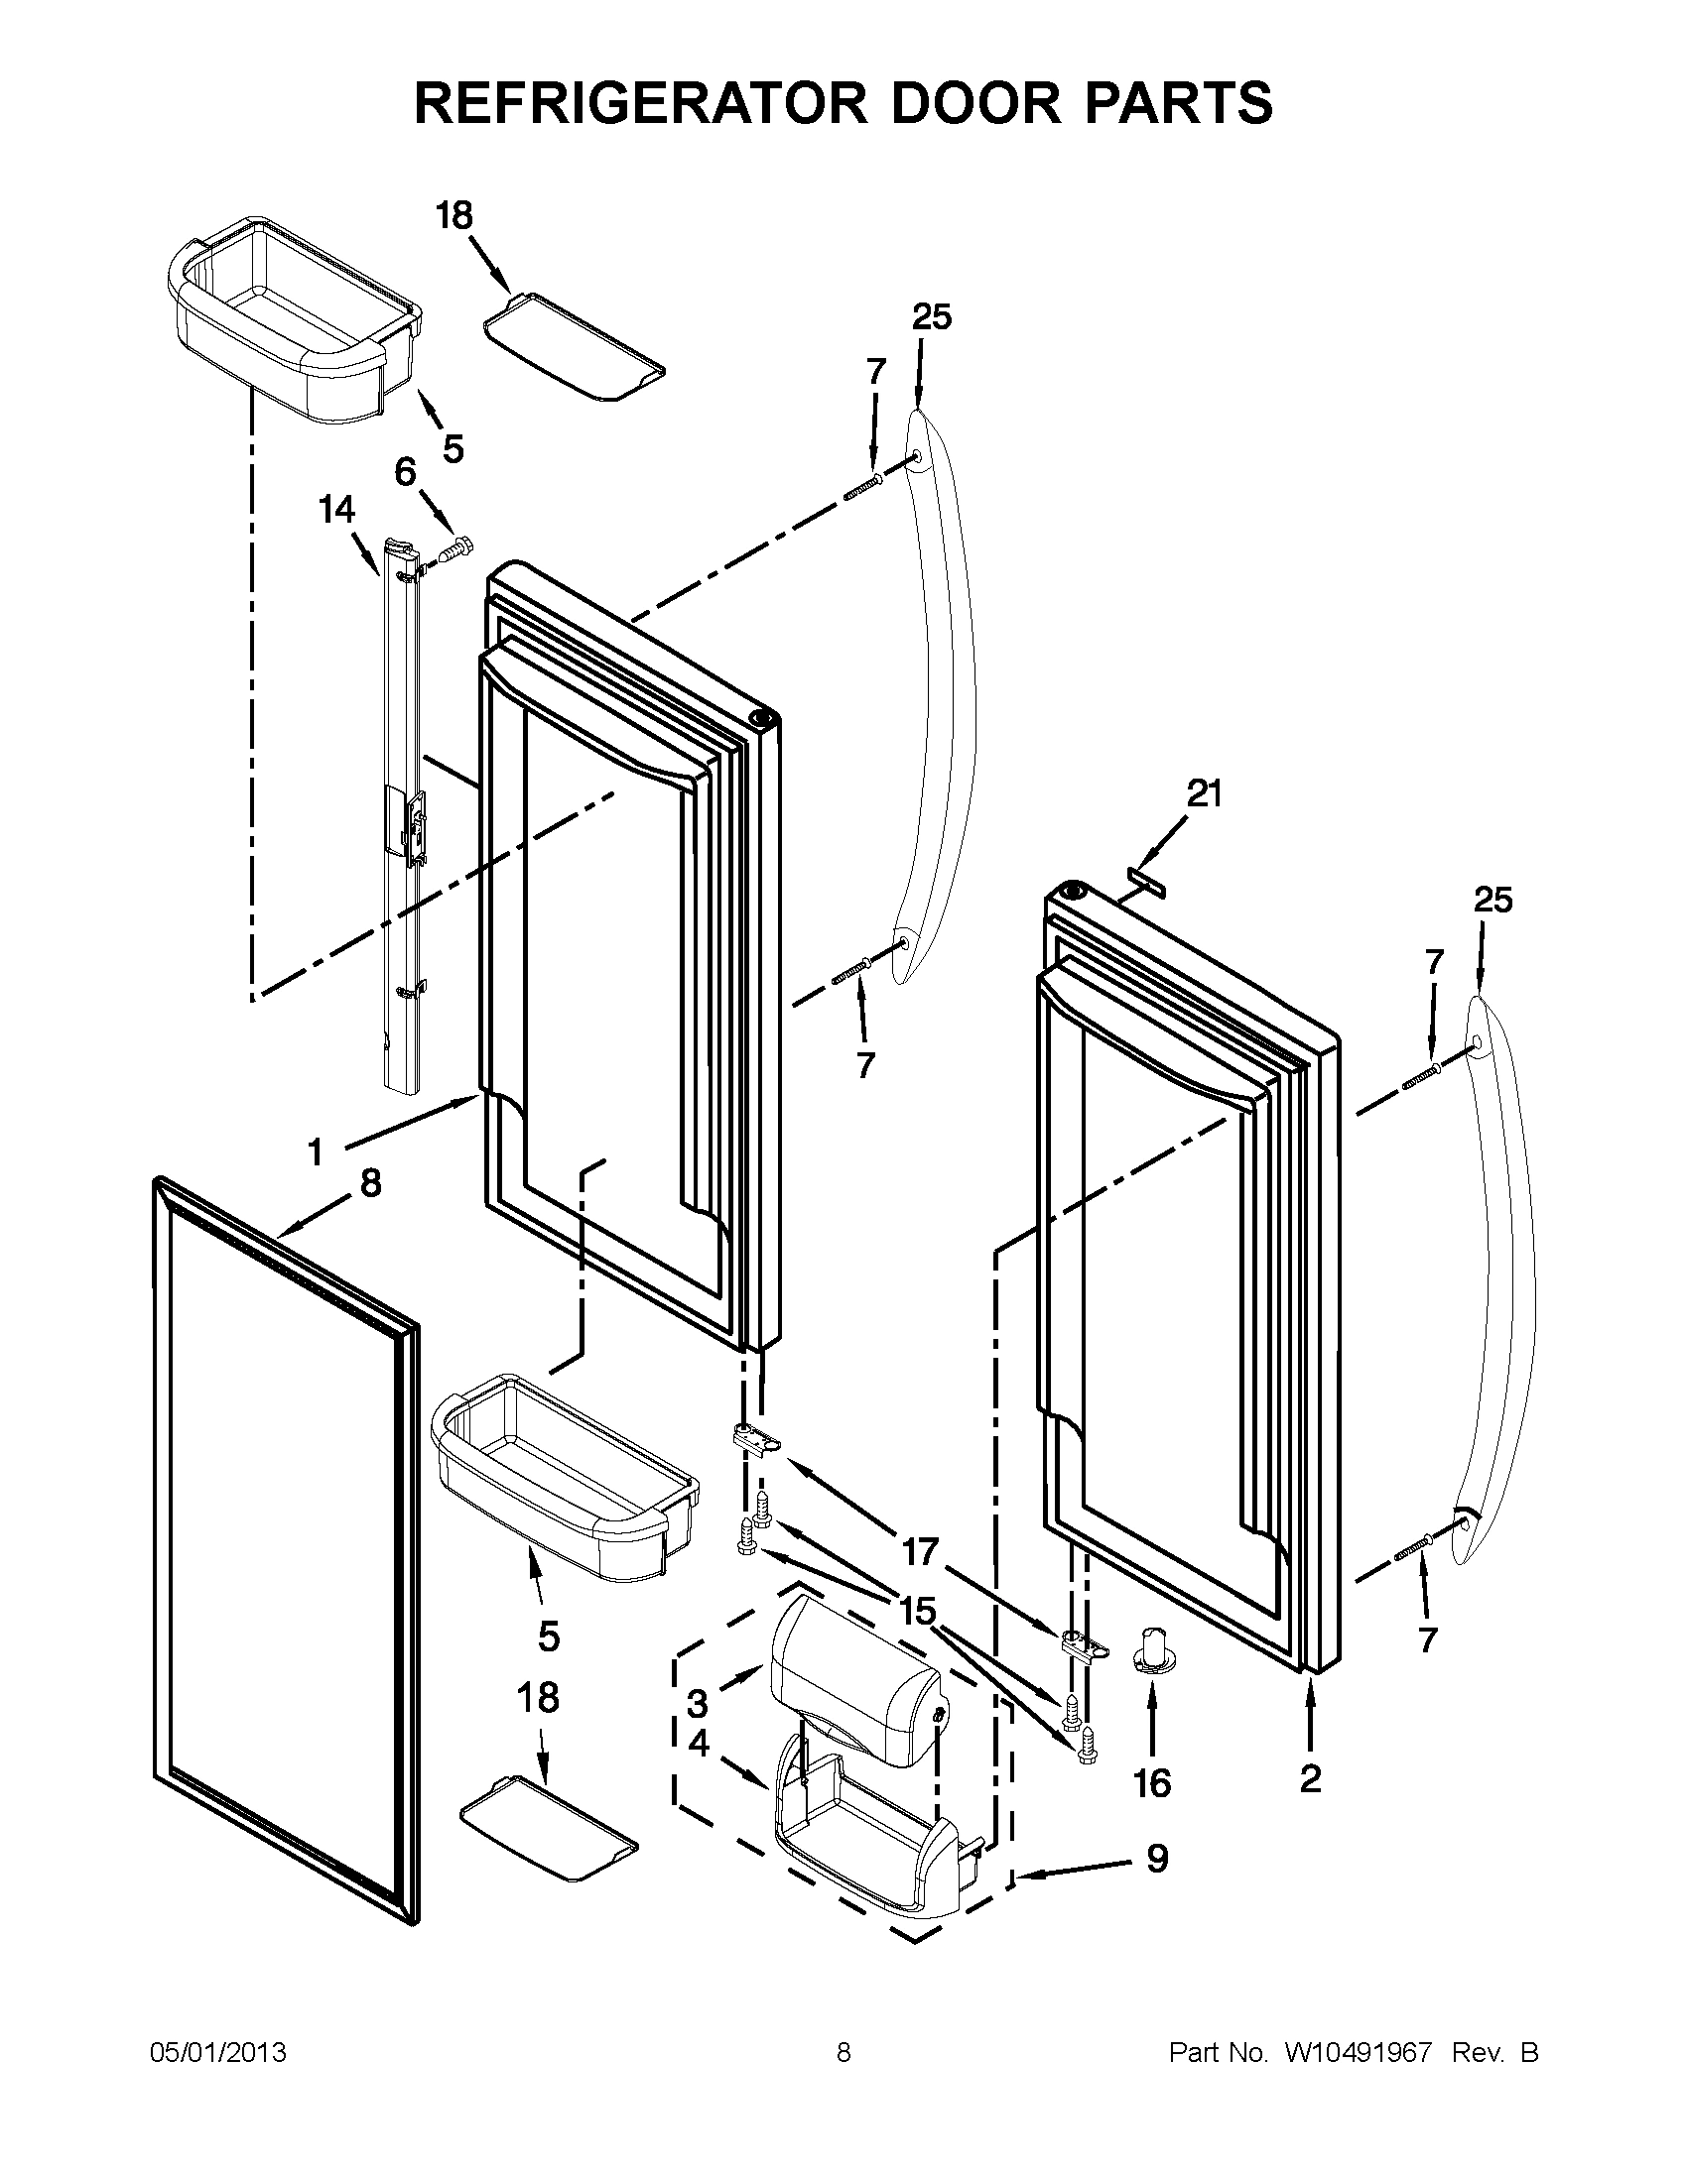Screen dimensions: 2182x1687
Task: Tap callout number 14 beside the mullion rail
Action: [336, 510]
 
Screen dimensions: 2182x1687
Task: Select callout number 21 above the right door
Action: [1205, 794]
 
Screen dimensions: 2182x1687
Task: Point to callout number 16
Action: [1152, 1782]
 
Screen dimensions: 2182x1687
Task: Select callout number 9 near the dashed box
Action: [1156, 1859]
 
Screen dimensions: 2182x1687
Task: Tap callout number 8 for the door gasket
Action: [370, 1184]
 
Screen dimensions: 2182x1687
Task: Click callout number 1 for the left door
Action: [316, 1152]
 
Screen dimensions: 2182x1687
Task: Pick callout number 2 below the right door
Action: [1310, 1777]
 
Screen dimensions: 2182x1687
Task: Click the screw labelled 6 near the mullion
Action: [457, 547]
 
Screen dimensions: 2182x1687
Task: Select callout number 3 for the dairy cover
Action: [698, 1703]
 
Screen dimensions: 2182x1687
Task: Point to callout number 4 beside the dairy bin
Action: [699, 1745]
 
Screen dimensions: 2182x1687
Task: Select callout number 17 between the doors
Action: [921, 1551]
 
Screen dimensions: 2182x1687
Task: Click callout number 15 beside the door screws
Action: [918, 1610]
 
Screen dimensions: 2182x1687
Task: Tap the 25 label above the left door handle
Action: [932, 317]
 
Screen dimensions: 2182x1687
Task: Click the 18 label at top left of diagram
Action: [454, 216]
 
